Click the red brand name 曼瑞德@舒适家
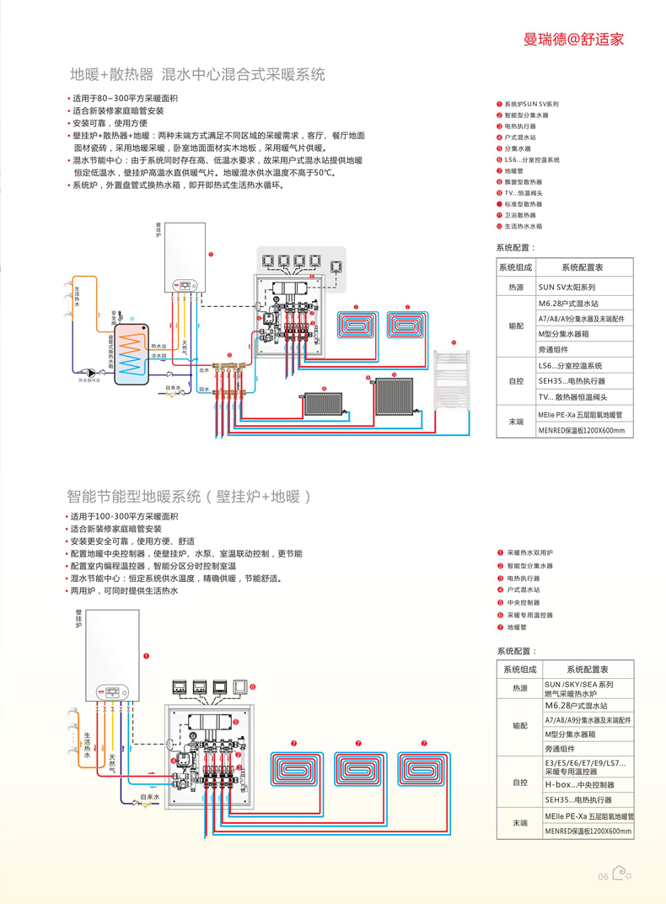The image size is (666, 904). coord(573,39)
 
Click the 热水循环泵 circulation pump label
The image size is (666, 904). coord(95,380)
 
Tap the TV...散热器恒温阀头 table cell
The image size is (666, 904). coord(572,396)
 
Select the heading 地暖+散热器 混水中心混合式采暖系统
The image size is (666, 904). coord(197,74)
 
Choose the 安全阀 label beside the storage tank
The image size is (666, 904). coord(114,317)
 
